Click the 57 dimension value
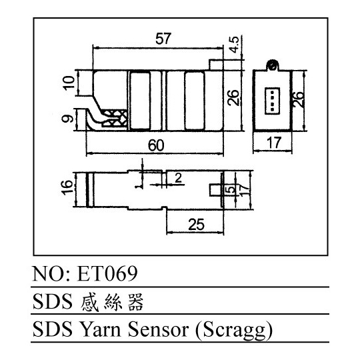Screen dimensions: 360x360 click(163, 39)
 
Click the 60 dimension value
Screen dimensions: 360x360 click(156, 145)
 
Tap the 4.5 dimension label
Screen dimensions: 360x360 click(235, 44)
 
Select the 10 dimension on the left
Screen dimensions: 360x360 click(69, 83)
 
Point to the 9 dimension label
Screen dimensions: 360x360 click(68, 119)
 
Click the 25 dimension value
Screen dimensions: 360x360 click(196, 225)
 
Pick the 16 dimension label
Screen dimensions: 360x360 click(67, 187)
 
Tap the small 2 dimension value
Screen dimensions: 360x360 click(178, 178)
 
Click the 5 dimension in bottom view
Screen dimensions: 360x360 click(231, 189)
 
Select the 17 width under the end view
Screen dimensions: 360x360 click(274, 143)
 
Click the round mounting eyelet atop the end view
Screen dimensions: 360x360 click(273, 65)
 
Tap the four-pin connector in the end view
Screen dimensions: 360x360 click(272, 101)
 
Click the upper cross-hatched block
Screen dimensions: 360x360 click(114, 113)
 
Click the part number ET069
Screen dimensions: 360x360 click(108, 274)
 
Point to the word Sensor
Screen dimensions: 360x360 click(159, 330)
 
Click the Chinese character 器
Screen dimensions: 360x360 click(136, 302)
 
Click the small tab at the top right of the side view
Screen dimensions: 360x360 click(216, 65)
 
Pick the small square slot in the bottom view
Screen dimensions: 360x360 click(216, 190)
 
